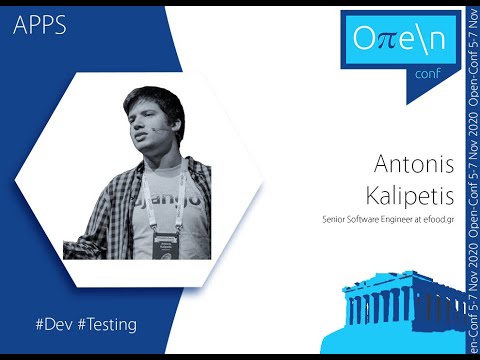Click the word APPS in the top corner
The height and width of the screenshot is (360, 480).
(x=41, y=26)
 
